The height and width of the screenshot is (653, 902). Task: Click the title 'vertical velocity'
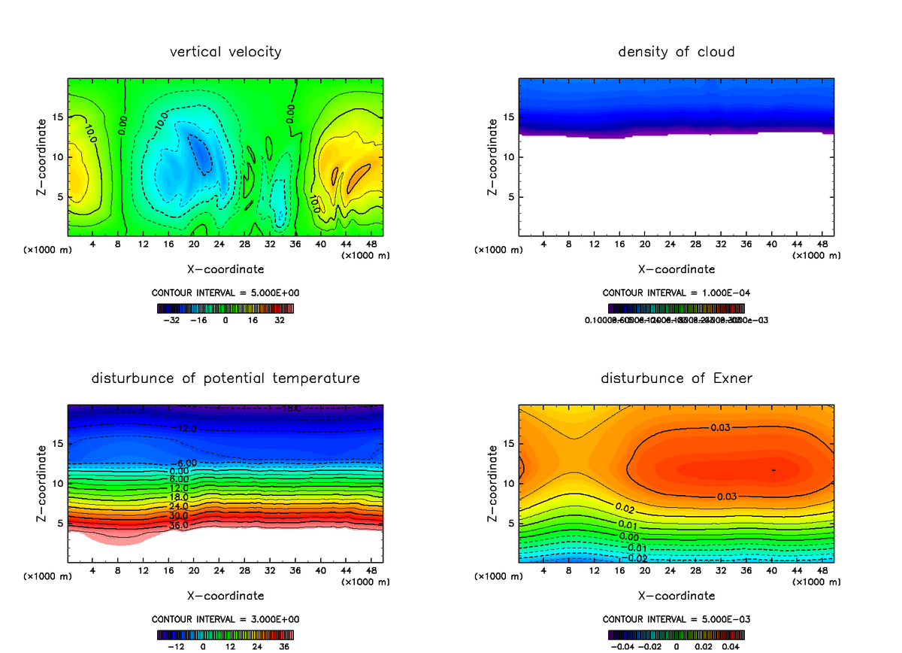tap(225, 52)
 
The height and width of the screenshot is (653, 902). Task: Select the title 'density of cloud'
tap(676, 52)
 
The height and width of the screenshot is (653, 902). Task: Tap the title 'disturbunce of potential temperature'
tap(225, 378)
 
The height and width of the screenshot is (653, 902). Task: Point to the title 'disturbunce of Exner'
tap(676, 378)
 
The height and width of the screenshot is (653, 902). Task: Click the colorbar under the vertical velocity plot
tap(225, 308)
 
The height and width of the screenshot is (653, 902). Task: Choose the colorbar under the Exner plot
tap(676, 634)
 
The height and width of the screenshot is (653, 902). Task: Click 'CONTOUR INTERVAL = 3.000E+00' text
tap(225, 619)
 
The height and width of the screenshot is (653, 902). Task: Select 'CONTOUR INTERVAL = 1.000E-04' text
tap(676, 293)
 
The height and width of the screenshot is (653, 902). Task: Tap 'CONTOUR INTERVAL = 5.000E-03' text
tap(676, 619)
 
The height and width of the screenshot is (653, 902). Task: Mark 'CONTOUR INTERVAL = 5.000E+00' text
tap(225, 293)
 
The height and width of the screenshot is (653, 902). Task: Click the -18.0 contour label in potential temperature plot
tap(291, 409)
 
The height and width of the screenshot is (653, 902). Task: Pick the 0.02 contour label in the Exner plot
tap(625, 509)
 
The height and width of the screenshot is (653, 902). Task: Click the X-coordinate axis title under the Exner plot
tap(676, 596)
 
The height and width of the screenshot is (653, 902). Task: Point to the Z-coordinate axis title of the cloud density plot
tap(493, 157)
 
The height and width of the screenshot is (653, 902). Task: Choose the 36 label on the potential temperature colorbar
tap(285, 645)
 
